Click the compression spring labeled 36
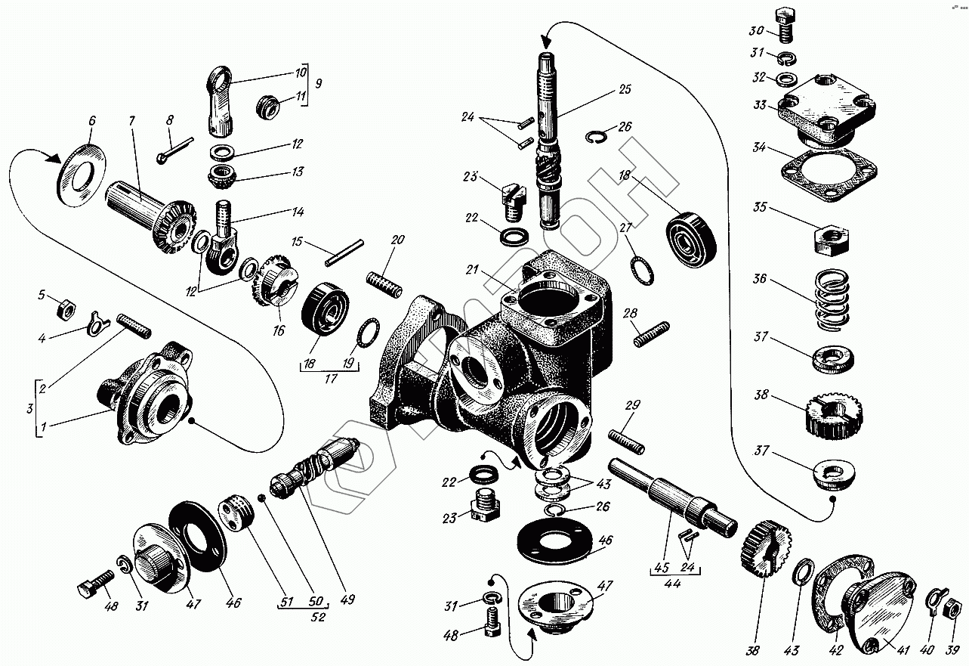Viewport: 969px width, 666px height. pos(831,299)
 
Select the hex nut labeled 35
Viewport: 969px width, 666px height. pos(831,240)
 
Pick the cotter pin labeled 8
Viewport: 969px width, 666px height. pos(174,150)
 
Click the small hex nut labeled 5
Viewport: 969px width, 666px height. pos(66,310)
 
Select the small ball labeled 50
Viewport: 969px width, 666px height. pos(262,498)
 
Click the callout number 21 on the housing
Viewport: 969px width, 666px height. pos(471,269)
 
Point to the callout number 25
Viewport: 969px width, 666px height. pos(625,89)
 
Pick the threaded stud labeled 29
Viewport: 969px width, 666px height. pos(626,441)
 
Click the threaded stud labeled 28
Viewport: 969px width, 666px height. pos(652,334)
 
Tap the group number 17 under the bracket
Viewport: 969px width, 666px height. pos(331,379)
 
